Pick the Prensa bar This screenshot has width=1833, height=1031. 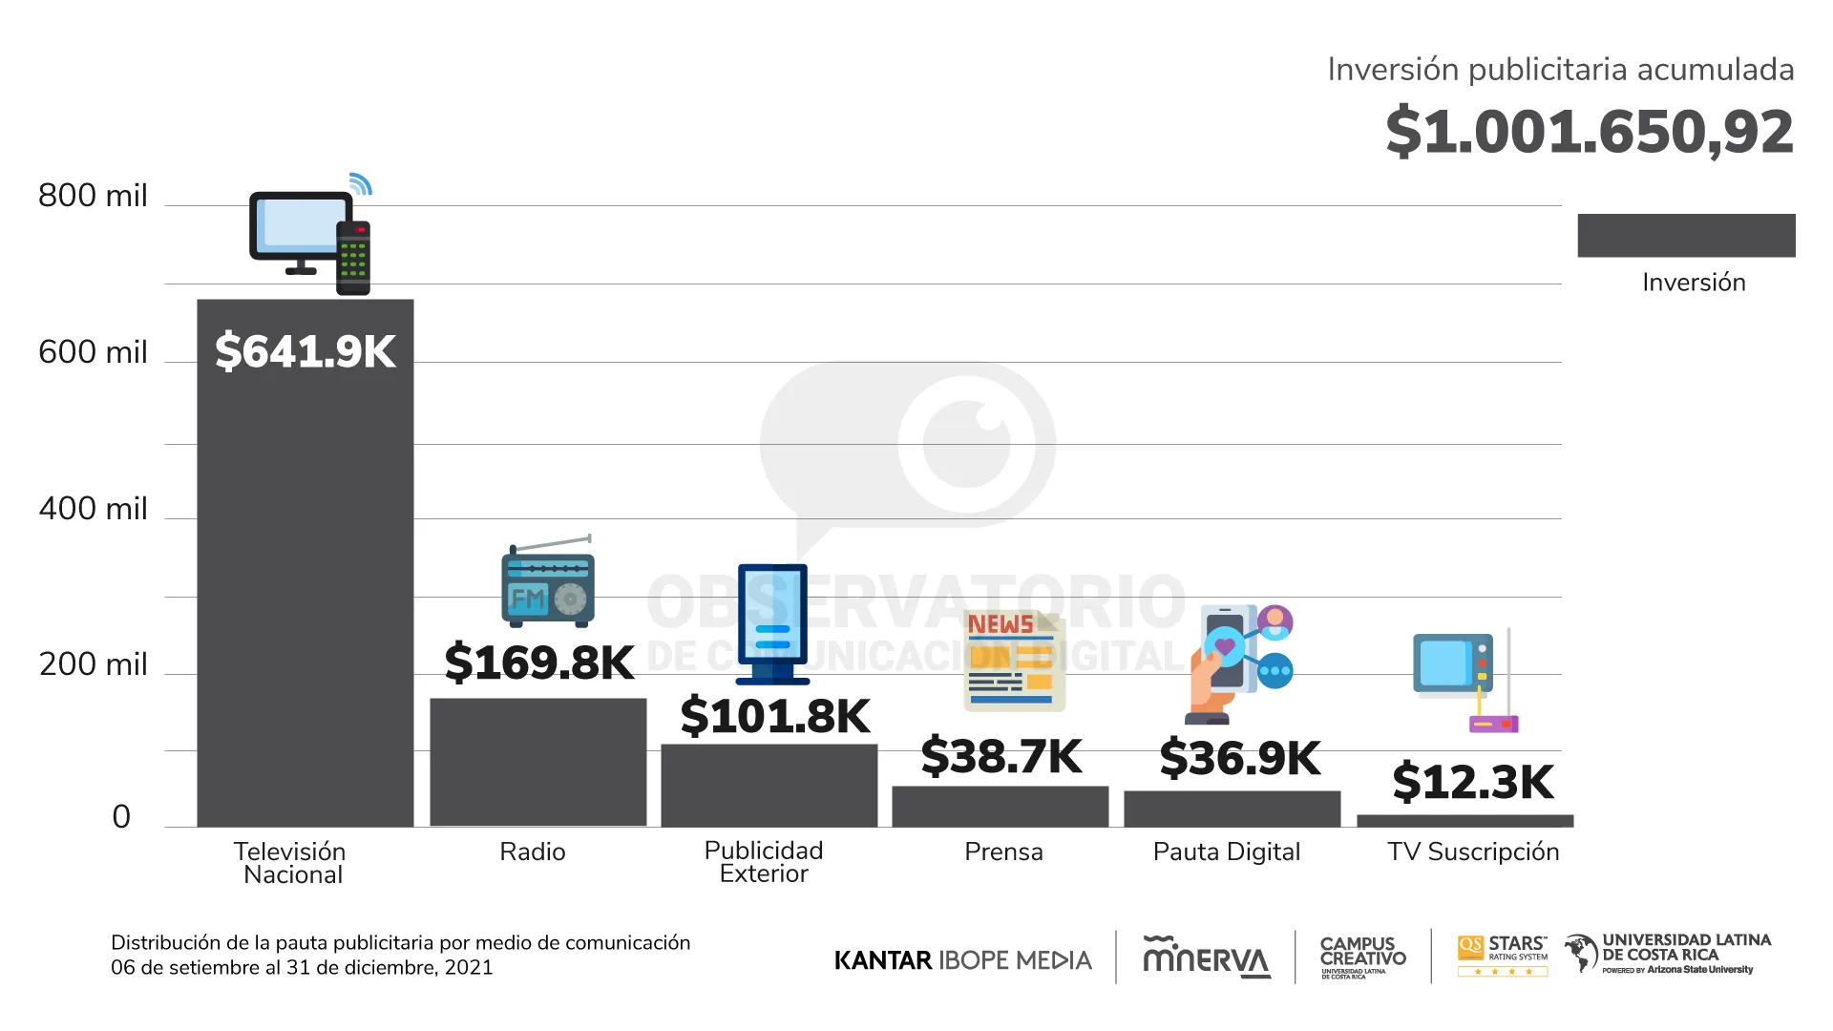[x=1000, y=806]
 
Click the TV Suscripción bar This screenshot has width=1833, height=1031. [x=1464, y=821]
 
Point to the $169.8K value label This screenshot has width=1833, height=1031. [x=539, y=662]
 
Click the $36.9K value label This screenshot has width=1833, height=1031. [x=1240, y=758]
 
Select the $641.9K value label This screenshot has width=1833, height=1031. [x=305, y=350]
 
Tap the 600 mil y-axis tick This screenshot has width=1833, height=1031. [x=93, y=352]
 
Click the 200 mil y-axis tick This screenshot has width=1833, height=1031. [x=93, y=664]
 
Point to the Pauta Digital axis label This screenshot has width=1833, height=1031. [x=1226, y=852]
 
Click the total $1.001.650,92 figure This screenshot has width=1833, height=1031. [x=1590, y=131]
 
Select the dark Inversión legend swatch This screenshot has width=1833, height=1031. [x=1686, y=235]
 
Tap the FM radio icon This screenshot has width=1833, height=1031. [x=548, y=584]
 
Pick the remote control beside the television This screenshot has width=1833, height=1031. [x=353, y=258]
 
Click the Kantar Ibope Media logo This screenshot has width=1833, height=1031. [x=962, y=959]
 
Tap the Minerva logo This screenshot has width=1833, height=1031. [x=1206, y=957]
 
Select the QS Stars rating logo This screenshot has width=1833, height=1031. [x=1503, y=956]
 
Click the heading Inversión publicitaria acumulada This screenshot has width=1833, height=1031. [x=1560, y=70]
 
